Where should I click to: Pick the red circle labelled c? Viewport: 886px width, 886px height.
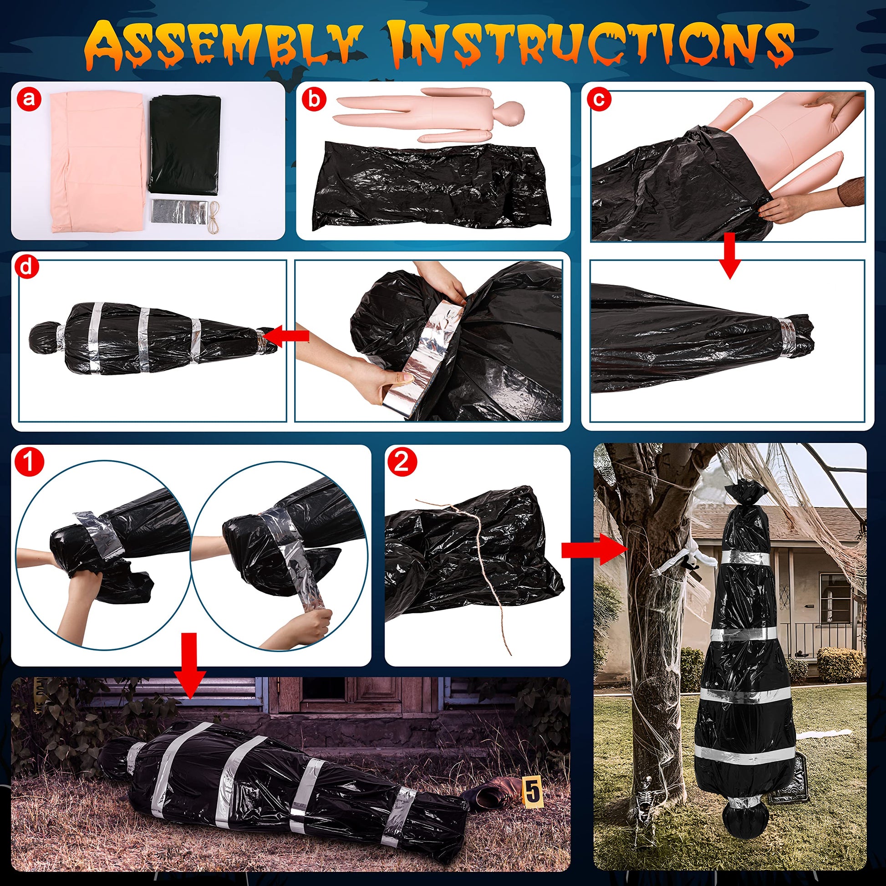(598, 98)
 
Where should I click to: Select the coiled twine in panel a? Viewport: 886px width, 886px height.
(213, 214)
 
